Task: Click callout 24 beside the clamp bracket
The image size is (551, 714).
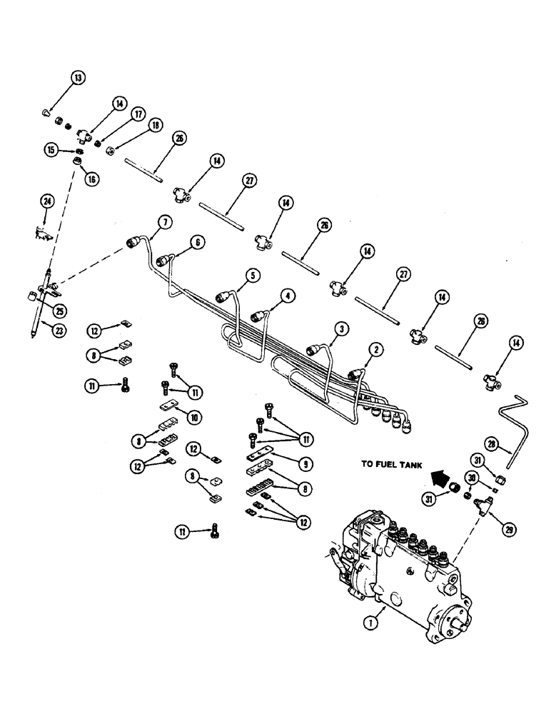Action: tap(47, 203)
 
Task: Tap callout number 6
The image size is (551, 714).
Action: tap(198, 242)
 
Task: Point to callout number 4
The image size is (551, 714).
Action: tap(285, 294)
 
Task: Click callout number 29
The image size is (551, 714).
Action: tap(511, 530)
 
